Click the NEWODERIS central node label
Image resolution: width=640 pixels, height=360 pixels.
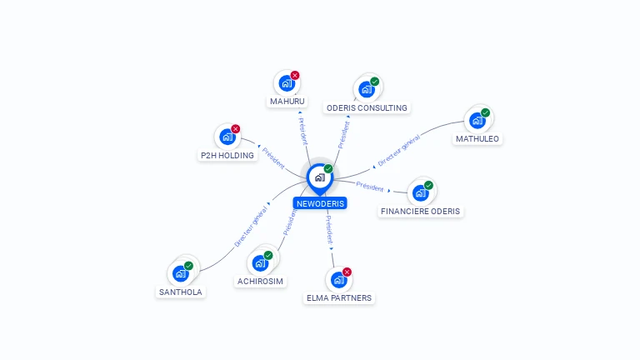(319, 203)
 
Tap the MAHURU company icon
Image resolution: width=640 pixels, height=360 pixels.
(286, 83)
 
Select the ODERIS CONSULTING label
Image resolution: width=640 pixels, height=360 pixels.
(367, 107)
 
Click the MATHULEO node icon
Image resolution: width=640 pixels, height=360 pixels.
(477, 120)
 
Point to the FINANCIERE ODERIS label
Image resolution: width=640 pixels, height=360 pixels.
(420, 212)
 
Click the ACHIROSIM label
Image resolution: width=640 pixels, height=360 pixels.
(261, 282)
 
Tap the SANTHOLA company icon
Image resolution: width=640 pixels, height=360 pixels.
(180, 273)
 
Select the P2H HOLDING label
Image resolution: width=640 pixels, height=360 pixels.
(227, 155)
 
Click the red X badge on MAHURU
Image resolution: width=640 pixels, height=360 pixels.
(295, 75)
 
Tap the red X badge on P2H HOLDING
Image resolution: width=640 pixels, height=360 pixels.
(236, 128)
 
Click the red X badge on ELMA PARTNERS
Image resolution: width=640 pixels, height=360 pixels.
(347, 271)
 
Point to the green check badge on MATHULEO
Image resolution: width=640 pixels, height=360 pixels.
(486, 112)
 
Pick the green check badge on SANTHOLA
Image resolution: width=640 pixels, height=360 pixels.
(189, 265)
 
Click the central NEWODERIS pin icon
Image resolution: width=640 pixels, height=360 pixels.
(319, 177)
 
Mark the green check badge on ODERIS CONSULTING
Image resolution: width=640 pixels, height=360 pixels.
(375, 81)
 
